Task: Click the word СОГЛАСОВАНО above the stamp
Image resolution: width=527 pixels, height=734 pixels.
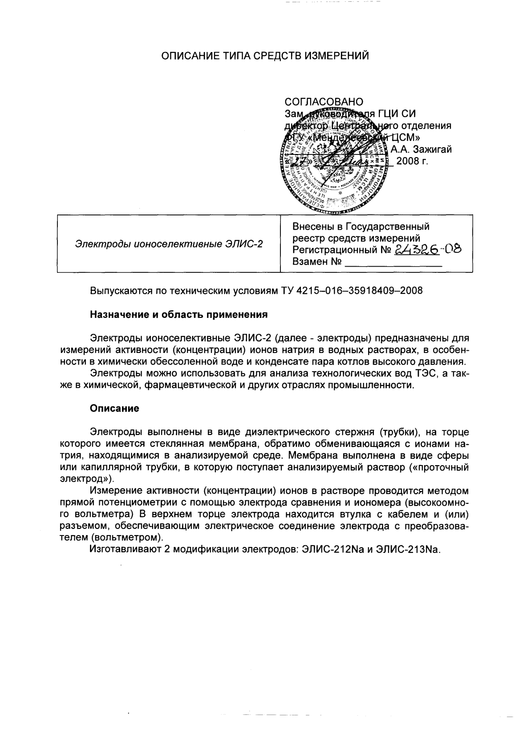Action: pos(324,102)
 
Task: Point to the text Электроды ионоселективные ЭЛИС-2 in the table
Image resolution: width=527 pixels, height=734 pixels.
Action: pos(169,243)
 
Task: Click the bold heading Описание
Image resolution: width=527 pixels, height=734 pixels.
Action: pos(114,408)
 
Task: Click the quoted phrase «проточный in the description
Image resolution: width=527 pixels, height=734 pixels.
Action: pos(438,468)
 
